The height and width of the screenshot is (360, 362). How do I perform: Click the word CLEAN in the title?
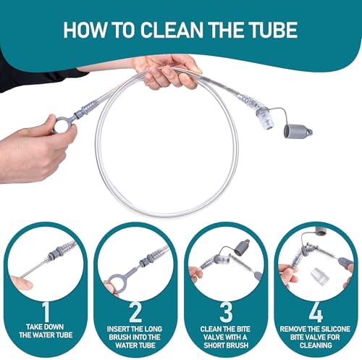[172, 30]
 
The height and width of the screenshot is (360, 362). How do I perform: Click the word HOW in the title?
[85, 30]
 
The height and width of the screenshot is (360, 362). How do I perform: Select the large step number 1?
[46, 311]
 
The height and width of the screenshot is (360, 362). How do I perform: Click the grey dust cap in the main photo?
[298, 131]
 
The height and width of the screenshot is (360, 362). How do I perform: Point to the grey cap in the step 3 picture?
[241, 247]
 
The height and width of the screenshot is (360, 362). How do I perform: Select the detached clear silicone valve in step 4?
[319, 276]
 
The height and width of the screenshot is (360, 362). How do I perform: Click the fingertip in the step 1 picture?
[22, 282]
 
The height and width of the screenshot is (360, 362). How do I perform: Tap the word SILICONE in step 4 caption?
[335, 329]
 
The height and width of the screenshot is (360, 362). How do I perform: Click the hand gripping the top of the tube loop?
[167, 72]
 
